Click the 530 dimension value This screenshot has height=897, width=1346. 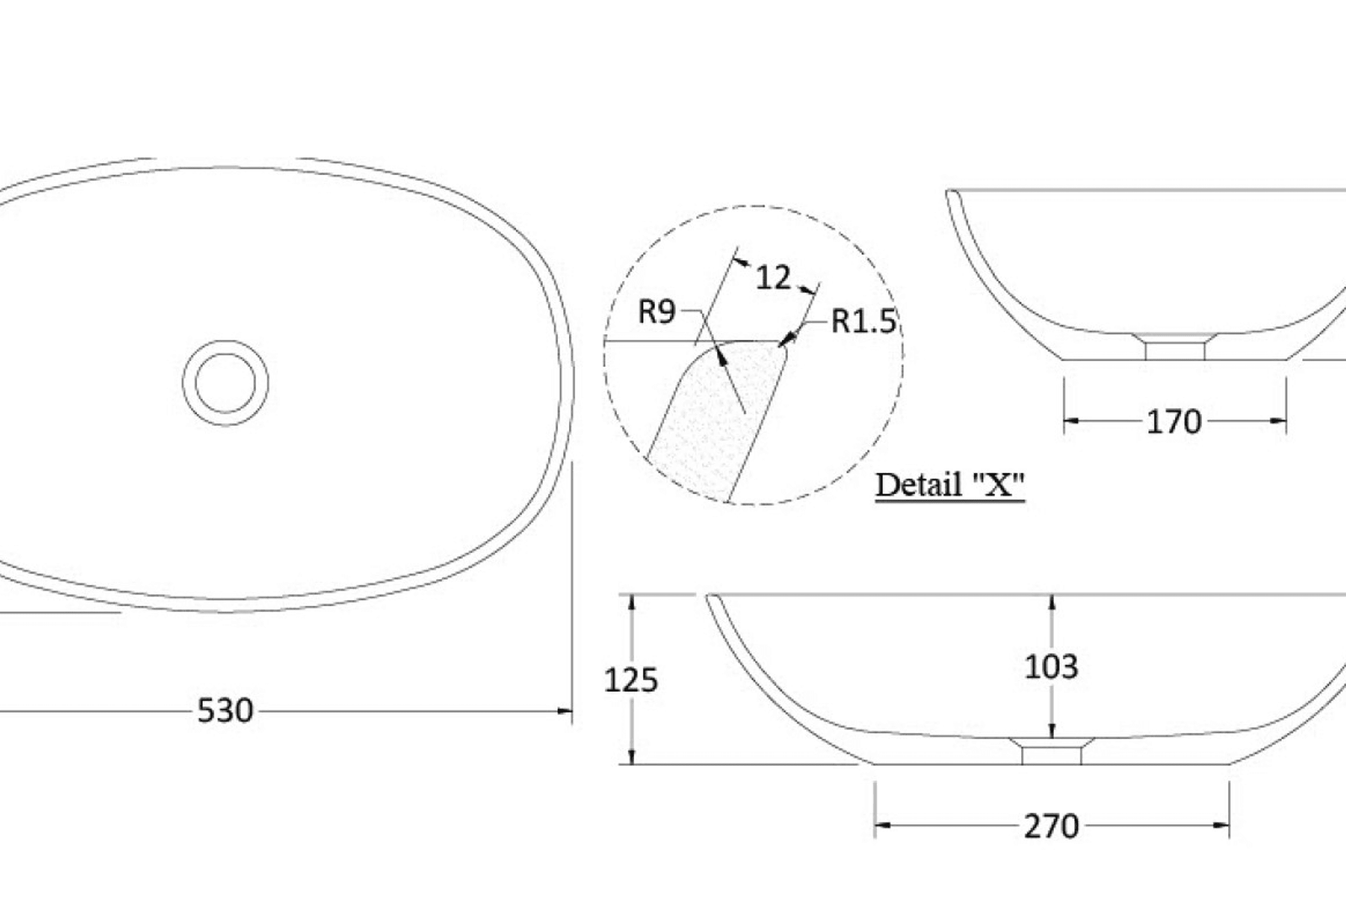225,711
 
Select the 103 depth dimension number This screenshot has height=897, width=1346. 1052,667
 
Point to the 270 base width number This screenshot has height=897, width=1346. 1052,827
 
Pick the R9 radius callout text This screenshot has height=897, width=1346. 657,312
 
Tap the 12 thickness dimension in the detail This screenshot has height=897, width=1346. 773,277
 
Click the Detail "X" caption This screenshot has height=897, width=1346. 950,485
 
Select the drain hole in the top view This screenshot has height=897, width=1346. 225,383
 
